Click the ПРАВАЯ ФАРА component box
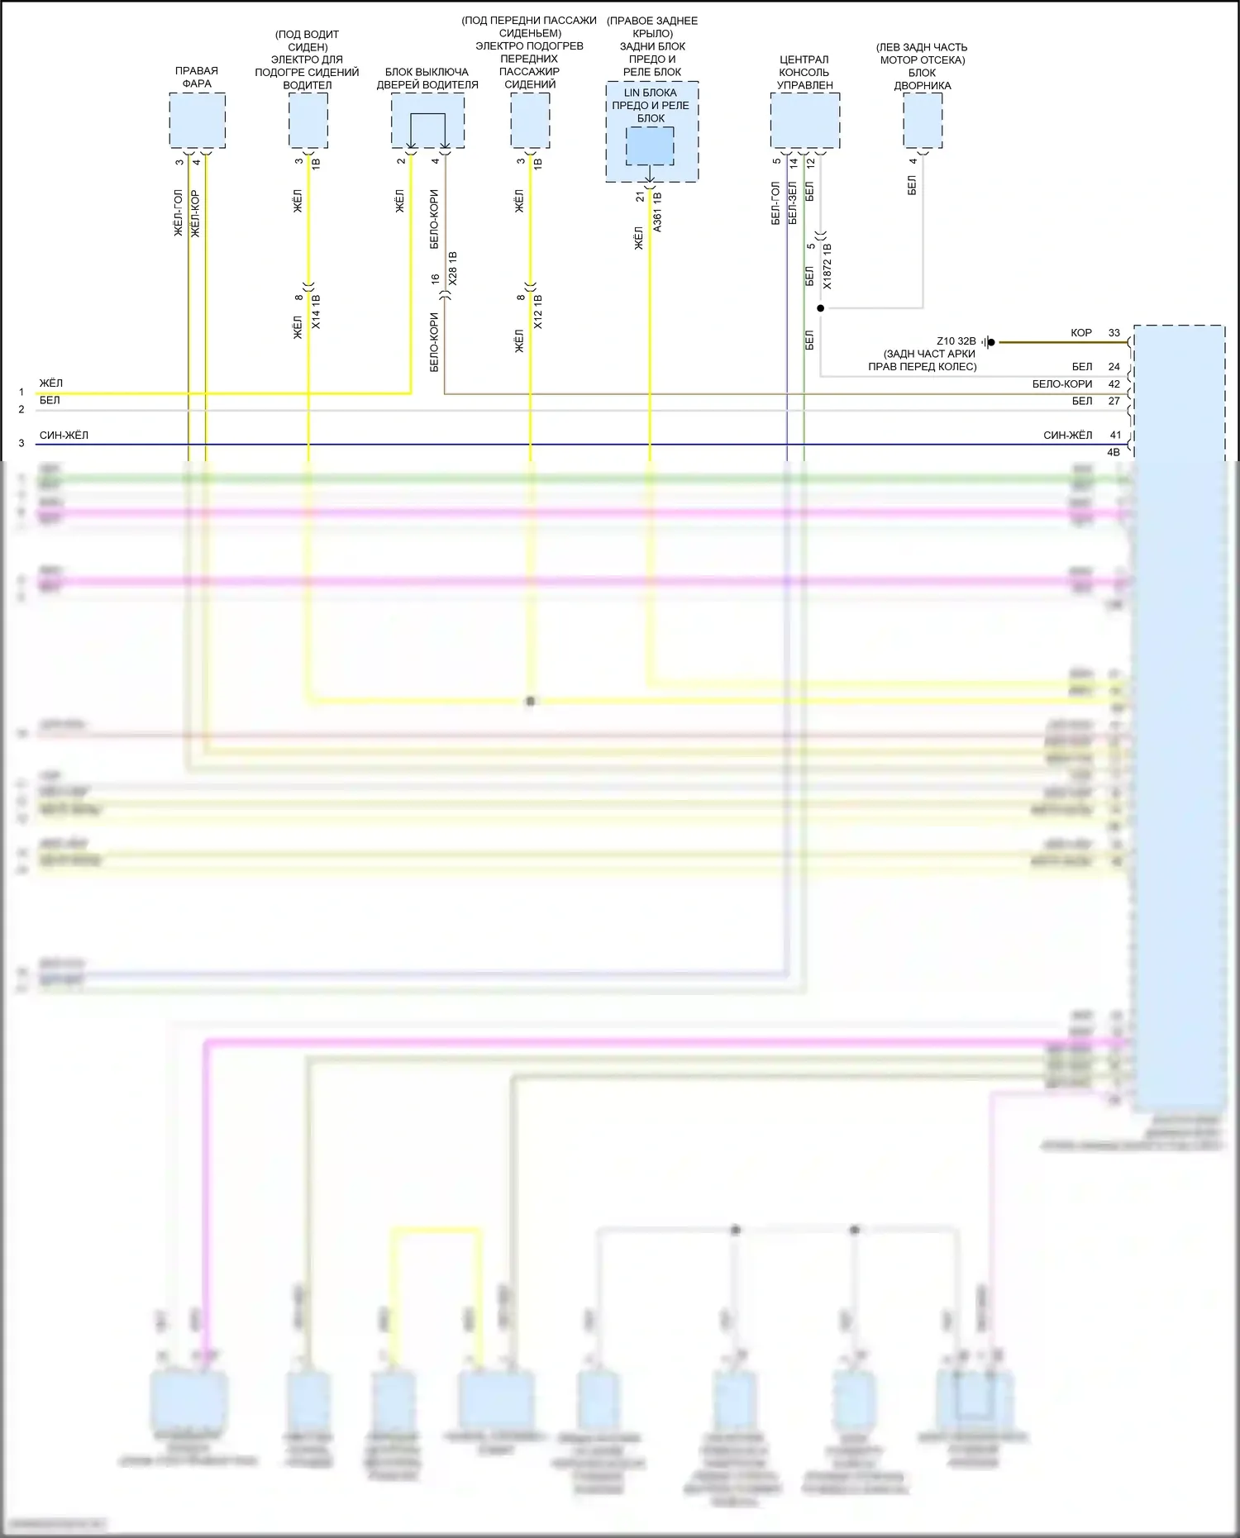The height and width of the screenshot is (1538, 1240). [x=197, y=120]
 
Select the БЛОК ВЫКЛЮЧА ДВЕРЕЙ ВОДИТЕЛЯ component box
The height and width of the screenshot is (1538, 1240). [x=427, y=120]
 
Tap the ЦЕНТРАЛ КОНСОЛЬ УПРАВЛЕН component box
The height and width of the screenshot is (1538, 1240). [x=804, y=120]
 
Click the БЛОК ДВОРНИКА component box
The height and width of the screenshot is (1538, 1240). [x=922, y=120]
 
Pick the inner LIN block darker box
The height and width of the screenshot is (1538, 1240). [x=649, y=146]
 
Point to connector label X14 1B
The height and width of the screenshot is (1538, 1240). [x=316, y=312]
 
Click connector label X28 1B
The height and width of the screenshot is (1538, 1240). [x=452, y=269]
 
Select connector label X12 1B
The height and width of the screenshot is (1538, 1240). [x=537, y=312]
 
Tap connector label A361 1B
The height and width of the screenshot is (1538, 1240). [x=657, y=212]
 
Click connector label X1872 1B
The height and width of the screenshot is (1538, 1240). [x=827, y=265]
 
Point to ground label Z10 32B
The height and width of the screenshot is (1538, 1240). [x=956, y=341]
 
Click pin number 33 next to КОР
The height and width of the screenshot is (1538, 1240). [x=1114, y=333]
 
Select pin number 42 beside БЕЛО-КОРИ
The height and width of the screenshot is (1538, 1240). [x=1114, y=384]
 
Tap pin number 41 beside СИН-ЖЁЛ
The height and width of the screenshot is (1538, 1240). [x=1115, y=436]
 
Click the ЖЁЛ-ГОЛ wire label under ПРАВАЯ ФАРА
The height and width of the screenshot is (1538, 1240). [x=179, y=213]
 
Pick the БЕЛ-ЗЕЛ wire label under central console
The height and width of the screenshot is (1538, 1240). [x=793, y=203]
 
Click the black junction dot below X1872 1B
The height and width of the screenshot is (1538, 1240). [x=820, y=308]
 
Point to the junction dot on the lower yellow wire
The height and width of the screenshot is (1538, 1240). [x=530, y=701]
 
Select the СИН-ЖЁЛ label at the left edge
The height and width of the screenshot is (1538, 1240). [x=64, y=436]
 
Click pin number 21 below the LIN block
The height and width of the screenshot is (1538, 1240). [x=640, y=197]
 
